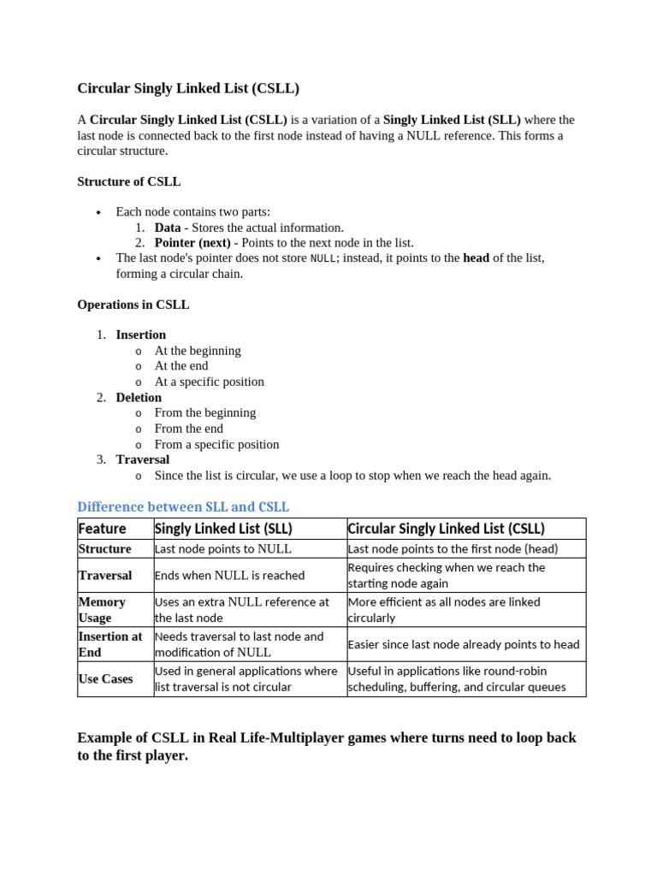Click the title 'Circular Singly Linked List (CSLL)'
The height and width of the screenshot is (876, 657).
pos(188,88)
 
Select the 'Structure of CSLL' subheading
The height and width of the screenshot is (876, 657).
pos(128,181)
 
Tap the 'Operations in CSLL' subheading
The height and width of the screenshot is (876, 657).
pos(133,305)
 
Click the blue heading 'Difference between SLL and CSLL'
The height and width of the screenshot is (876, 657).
pos(183,506)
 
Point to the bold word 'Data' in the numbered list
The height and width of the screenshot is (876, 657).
pos(168,228)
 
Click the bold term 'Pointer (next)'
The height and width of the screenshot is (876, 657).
pos(192,243)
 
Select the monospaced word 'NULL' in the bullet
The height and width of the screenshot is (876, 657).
pos(323,258)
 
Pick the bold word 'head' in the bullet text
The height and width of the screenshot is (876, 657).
pos(476,257)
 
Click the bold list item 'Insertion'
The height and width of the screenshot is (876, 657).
pos(141,334)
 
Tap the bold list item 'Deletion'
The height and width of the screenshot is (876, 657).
pos(139,397)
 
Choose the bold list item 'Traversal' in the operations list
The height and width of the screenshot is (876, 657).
pos(142,459)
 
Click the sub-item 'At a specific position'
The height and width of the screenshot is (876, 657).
pos(209,382)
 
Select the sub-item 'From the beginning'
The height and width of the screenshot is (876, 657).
pos(204,412)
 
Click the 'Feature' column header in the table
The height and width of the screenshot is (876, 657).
pos(102,529)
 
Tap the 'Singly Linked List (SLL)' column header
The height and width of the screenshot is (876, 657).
pos(223,529)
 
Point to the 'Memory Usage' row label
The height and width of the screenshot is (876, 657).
pos(102,609)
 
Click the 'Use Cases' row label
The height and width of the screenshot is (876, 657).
pos(105,678)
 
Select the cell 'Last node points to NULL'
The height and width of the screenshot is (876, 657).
pos(223,549)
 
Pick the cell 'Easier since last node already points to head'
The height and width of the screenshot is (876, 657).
pos(463,644)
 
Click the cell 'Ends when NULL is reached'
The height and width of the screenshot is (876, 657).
pos(229,575)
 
